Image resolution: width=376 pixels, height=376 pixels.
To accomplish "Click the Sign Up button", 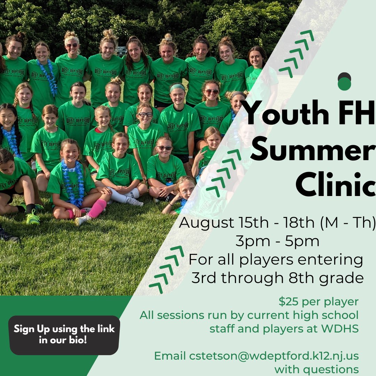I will [x=64, y=335].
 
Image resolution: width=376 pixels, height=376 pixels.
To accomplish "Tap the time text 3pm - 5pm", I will [x=277, y=241].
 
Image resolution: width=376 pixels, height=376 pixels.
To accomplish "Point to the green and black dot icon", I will [x=344, y=82].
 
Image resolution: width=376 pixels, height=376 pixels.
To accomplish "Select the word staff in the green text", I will [x=222, y=328].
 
